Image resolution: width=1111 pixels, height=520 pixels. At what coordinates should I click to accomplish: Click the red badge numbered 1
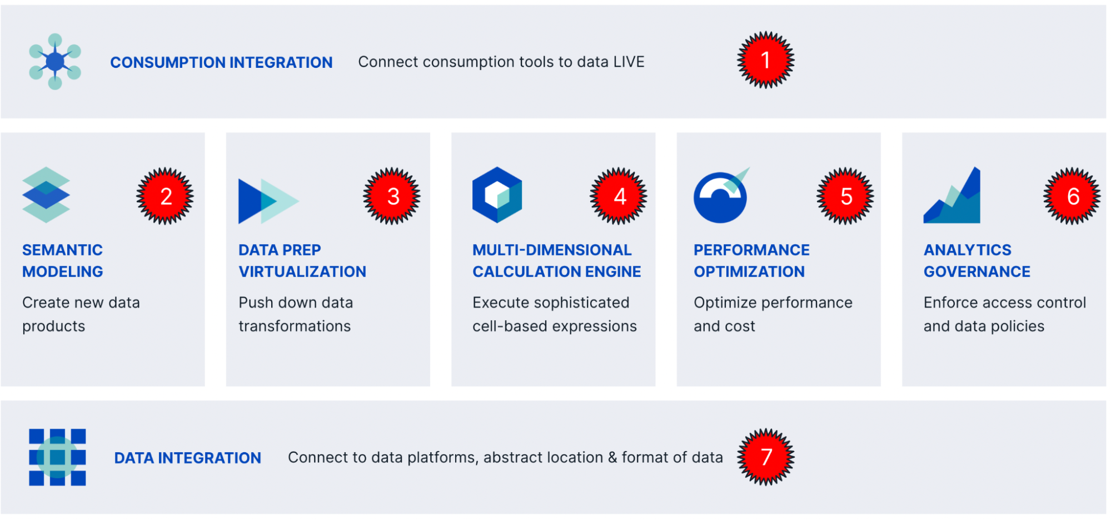[x=765, y=60]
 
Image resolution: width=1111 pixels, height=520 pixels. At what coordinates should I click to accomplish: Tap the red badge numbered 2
[x=165, y=196]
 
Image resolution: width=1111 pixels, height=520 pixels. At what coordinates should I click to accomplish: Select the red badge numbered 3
[x=392, y=196]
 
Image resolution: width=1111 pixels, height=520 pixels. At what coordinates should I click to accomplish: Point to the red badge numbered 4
[x=619, y=196]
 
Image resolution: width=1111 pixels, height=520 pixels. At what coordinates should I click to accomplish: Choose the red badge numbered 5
[x=845, y=196]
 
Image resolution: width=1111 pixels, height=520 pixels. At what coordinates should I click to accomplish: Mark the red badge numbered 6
[x=1072, y=196]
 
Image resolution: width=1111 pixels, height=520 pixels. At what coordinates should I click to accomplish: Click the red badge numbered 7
[x=766, y=457]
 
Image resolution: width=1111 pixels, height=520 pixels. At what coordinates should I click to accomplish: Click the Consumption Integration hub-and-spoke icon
[x=55, y=61]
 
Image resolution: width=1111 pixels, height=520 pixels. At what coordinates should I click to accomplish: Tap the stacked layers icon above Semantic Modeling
[x=46, y=195]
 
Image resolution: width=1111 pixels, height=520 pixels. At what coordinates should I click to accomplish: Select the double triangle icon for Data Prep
[x=267, y=201]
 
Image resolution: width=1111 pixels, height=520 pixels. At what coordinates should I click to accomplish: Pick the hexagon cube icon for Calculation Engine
[x=497, y=195]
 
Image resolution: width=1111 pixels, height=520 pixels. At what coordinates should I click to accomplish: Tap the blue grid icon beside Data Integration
[x=57, y=457]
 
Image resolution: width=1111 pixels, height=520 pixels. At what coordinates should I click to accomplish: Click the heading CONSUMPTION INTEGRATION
[x=221, y=62]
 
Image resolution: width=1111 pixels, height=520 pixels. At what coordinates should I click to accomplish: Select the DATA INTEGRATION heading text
[x=187, y=458]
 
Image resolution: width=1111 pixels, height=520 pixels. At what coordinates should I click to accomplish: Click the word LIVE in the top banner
[x=629, y=62]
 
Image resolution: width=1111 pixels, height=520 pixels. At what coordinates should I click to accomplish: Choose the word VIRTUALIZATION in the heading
[x=302, y=271]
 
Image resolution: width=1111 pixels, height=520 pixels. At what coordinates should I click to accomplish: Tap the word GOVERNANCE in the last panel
[x=977, y=271]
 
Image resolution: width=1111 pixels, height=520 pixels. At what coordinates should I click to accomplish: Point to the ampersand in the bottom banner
[x=612, y=457]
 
